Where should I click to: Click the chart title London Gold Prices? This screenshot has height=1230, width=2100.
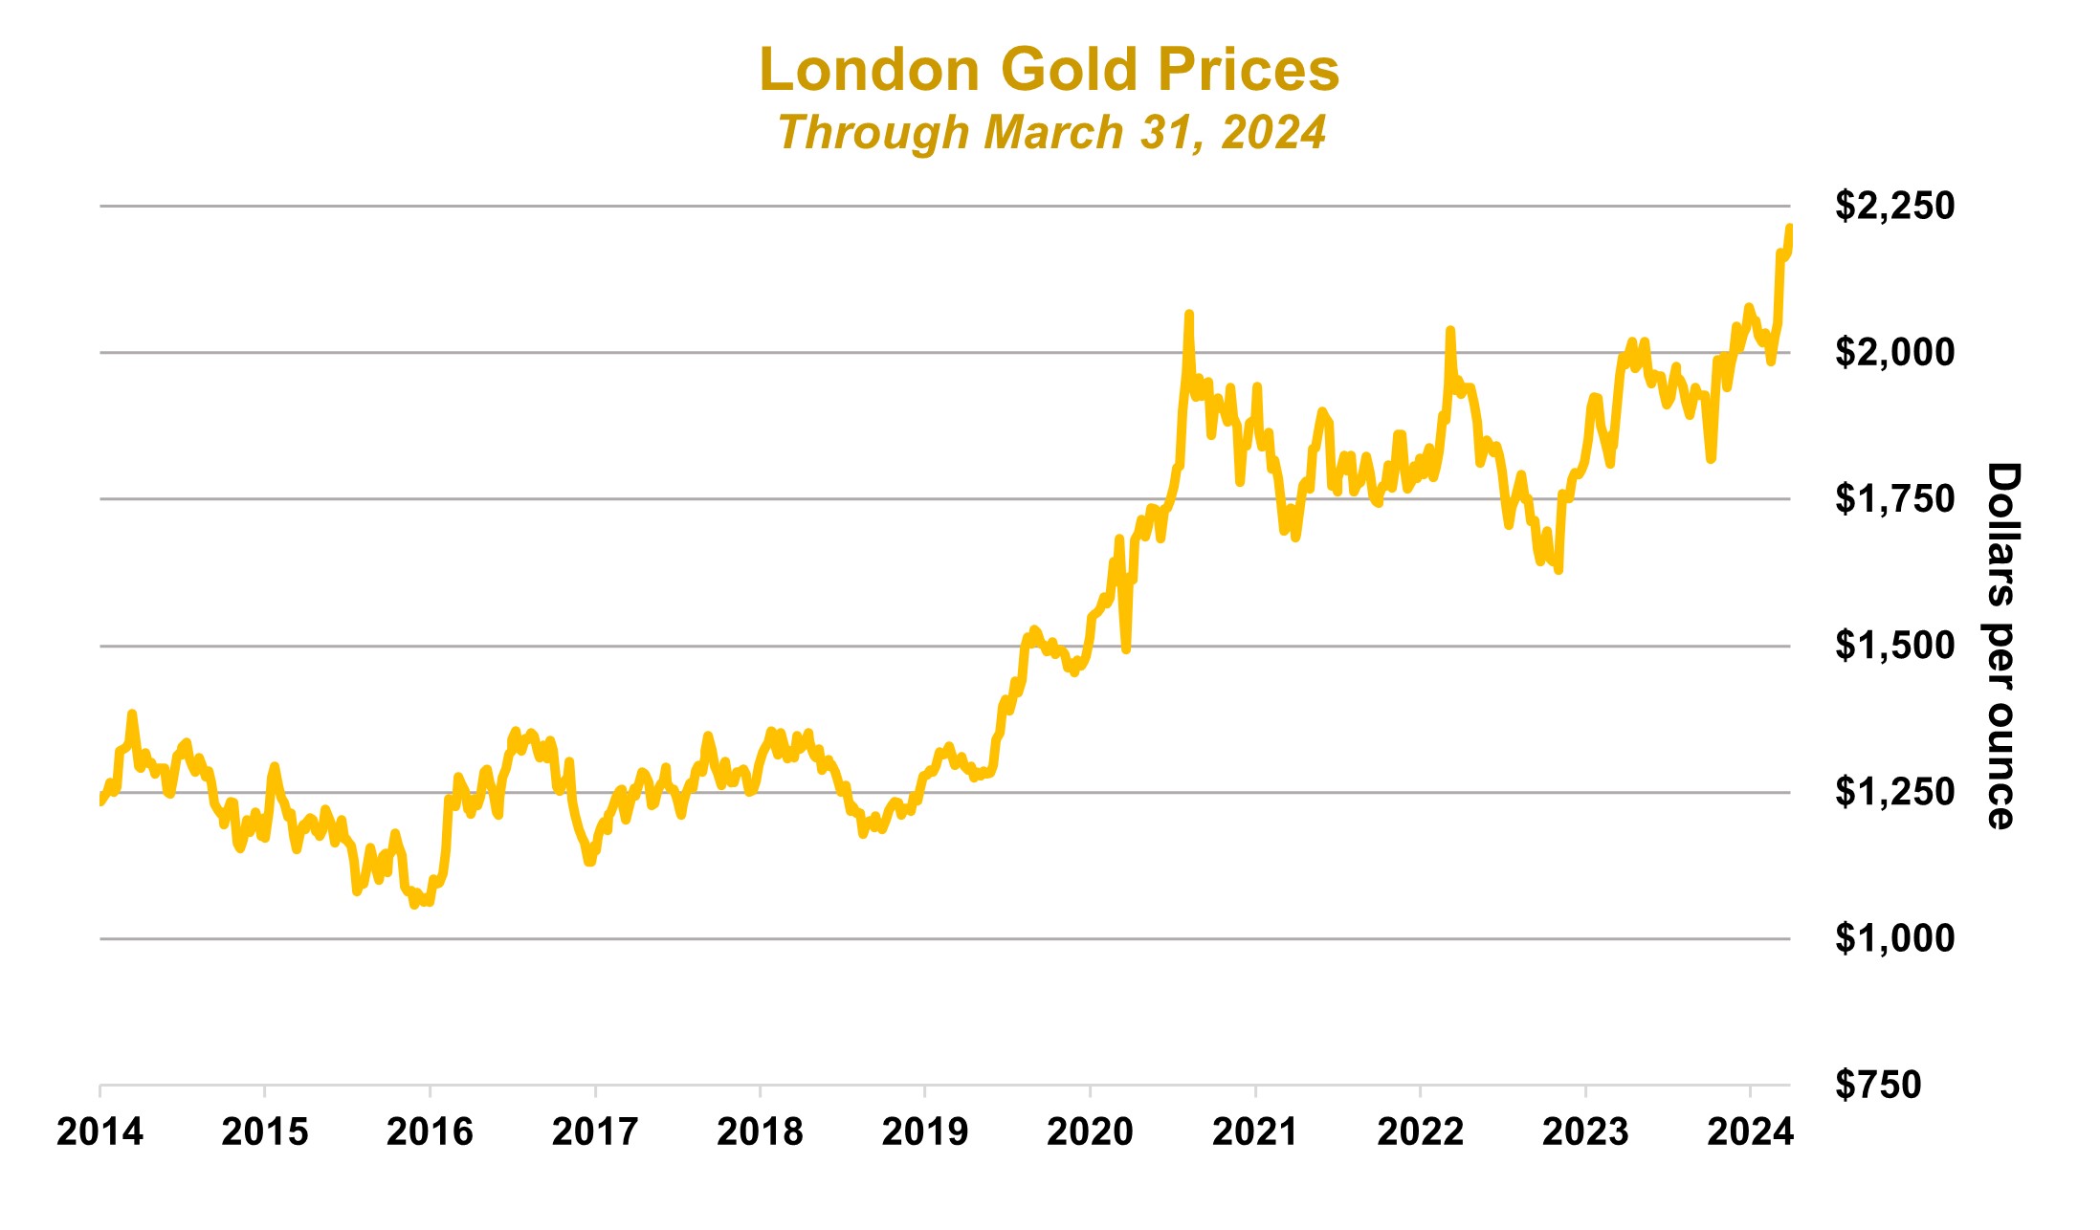1049,71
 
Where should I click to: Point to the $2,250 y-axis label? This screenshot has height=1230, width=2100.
1894,206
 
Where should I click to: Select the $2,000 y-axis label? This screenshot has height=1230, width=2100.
1894,352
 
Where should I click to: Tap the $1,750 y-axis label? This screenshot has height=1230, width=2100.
1894,498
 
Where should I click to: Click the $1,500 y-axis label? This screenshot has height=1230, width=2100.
1894,646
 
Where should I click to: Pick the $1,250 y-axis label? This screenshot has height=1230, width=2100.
1894,792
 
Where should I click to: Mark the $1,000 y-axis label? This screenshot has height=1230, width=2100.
1894,938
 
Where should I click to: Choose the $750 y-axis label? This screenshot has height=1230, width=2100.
1877,1085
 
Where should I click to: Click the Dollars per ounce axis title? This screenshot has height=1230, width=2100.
2001,646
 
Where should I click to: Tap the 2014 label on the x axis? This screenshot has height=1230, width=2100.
99,1132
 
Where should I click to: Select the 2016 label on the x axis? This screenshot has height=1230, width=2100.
430,1132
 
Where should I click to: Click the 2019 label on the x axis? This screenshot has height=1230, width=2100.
924,1132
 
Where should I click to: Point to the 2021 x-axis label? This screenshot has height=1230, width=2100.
1254,1132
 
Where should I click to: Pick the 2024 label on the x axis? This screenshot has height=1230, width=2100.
1750,1132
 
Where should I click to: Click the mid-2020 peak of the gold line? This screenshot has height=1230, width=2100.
1188,314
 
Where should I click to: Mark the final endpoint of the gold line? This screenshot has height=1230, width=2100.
1789,228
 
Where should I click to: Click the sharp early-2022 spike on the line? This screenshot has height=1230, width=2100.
1450,330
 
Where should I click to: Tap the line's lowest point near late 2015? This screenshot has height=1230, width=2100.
414,905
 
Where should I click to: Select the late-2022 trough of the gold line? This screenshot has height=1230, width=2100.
1558,570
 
